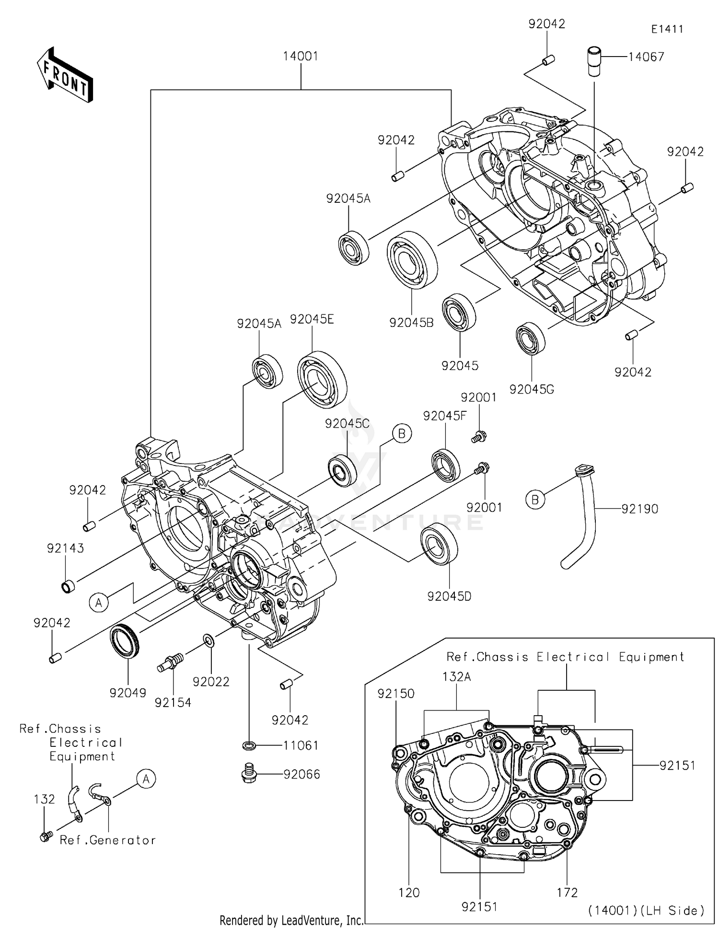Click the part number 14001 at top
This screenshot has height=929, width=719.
tap(301, 56)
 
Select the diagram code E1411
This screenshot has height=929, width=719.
tap(667, 29)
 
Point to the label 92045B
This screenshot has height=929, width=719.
tap(411, 323)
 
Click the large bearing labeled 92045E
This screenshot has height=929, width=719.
tap(322, 379)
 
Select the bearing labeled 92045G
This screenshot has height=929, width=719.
tap(531, 339)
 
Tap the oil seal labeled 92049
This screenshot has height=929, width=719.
tap(125, 640)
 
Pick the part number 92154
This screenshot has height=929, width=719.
tap(173, 703)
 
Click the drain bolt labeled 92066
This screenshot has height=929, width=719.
tap(249, 773)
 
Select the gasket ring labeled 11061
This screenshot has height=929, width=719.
tap(249, 746)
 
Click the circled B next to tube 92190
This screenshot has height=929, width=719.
tap(535, 500)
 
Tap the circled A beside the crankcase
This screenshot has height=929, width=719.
tap(99, 603)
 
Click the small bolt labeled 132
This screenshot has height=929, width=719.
tap(45, 837)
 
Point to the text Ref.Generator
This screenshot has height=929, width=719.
tap(108, 840)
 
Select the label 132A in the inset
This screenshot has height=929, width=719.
tap(456, 677)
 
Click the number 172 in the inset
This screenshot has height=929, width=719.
tap(567, 893)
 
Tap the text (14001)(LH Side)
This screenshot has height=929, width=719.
tap(646, 910)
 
